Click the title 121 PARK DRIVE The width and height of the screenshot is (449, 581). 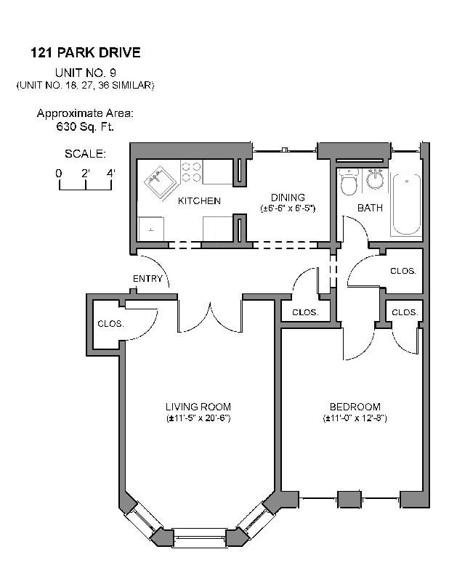(x=85, y=52)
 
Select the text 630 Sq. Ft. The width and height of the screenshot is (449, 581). (x=85, y=126)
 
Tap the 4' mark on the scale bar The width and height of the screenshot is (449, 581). (x=110, y=173)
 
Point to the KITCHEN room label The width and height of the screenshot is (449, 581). (x=199, y=201)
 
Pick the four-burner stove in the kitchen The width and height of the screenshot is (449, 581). (x=191, y=172)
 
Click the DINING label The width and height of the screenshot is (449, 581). (x=288, y=197)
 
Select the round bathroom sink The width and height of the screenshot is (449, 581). (x=374, y=179)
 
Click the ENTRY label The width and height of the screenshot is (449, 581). (x=147, y=279)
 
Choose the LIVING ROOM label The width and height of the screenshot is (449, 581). (x=198, y=407)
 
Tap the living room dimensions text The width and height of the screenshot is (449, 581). (x=198, y=419)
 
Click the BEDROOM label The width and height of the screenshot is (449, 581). (x=355, y=407)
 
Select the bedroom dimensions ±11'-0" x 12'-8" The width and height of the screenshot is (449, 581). (x=355, y=419)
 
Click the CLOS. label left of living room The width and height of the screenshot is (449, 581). (x=110, y=324)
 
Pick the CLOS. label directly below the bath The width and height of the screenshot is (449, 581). (x=403, y=271)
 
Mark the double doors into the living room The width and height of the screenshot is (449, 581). (x=210, y=317)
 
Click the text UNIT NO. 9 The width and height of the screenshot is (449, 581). (x=85, y=73)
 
